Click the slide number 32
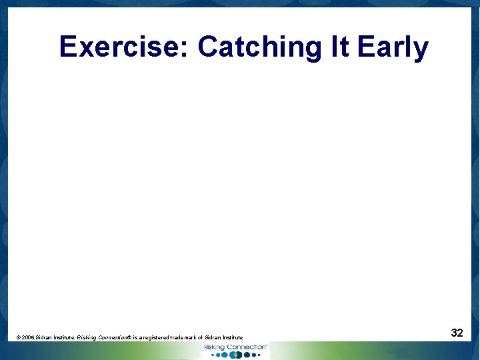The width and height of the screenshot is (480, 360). coord(457,333)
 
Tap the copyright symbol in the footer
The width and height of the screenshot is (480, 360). coord(18,338)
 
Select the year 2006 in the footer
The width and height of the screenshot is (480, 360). coord(28,338)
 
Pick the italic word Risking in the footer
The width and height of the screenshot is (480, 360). coord(87,338)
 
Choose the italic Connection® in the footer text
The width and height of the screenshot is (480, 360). coord(115,338)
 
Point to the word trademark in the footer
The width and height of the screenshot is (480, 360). coord(191,338)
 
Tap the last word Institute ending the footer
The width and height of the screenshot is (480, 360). coord(235,338)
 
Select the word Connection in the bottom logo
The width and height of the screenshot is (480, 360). coord(246,347)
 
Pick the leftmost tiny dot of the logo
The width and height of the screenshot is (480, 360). coord(213,355)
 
